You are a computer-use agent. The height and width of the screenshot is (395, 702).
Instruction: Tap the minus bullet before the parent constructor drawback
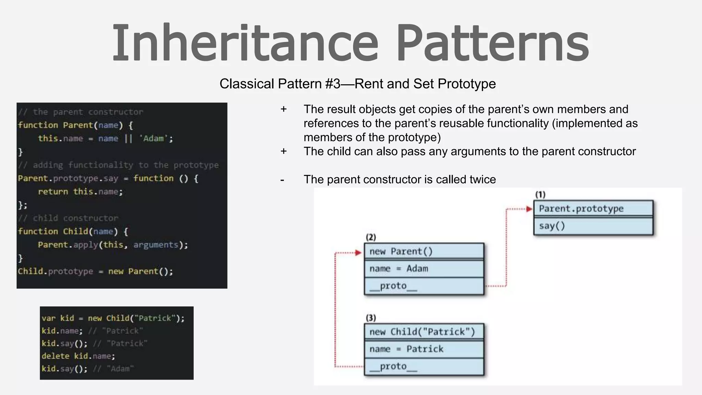(282, 180)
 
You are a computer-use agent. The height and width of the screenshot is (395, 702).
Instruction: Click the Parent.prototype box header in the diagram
(593, 208)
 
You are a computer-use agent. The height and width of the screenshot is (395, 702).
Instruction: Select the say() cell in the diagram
(593, 226)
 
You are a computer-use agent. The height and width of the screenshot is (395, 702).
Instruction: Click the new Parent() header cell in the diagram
(424, 251)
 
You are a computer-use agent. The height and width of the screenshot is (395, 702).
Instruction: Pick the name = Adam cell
(424, 268)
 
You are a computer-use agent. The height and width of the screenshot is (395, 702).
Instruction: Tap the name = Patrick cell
(424, 349)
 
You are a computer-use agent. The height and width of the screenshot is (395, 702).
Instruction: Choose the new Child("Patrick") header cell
(424, 332)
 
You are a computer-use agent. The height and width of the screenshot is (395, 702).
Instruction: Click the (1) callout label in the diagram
(540, 195)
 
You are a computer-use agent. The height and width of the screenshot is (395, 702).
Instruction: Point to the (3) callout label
(371, 318)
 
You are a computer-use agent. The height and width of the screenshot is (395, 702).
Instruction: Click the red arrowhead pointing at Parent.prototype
(529, 209)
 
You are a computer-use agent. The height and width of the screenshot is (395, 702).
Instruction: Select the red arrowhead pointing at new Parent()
(359, 253)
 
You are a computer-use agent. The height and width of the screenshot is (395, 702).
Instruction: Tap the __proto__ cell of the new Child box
(424, 367)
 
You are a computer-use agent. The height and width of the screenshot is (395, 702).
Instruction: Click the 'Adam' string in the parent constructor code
(154, 139)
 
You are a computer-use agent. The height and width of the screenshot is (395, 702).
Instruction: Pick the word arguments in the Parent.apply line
(156, 245)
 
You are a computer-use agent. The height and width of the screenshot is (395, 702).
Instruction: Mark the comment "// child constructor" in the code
(68, 218)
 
